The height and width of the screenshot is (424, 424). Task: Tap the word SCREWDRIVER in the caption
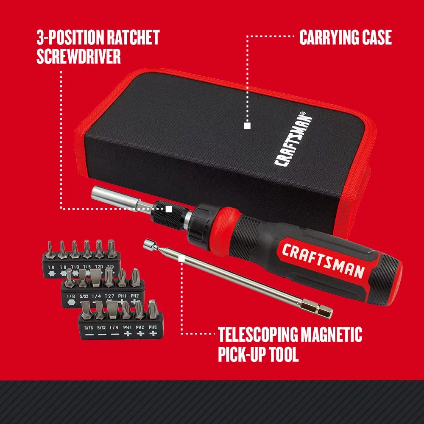point(78,56)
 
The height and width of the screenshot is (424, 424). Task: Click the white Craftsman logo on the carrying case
point(293,139)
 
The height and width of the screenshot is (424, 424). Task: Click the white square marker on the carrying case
point(247,126)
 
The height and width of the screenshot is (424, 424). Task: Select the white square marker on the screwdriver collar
point(169,209)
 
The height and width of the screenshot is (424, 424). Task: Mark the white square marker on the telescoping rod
point(181,259)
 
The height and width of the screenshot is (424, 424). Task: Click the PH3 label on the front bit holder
point(153,327)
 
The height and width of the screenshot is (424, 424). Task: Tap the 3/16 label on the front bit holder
point(89,328)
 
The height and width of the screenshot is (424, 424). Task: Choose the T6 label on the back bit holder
point(51,268)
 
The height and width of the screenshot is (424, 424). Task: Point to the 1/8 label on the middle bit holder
point(71,296)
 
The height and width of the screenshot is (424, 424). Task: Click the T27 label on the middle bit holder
point(109,296)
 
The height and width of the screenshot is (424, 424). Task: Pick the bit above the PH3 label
point(153,309)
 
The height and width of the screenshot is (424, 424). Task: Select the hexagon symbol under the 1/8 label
point(71,303)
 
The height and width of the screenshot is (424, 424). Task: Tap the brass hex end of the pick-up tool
point(316,309)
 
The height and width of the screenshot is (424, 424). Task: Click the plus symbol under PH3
point(153,333)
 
